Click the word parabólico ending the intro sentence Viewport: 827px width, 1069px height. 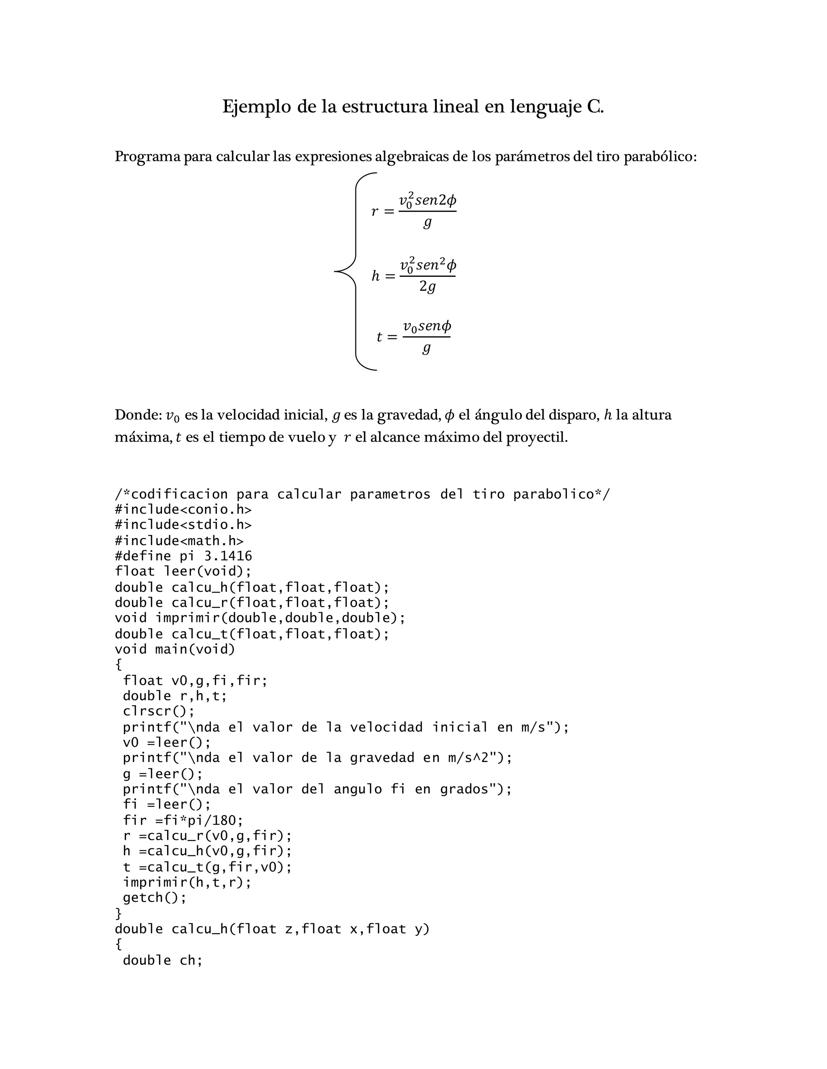pyautogui.click(x=659, y=157)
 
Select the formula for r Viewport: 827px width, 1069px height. pyautogui.click(x=414, y=211)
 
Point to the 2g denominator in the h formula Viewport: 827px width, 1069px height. pyautogui.click(x=427, y=287)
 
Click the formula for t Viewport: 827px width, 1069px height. pyautogui.click(x=414, y=337)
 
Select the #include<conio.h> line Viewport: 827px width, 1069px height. pyautogui.click(x=183, y=509)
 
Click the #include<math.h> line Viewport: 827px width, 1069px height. pyautogui.click(x=179, y=541)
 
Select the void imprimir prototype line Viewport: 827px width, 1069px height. pyautogui.click(x=260, y=618)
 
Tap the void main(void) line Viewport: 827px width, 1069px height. pyautogui.click(x=175, y=649)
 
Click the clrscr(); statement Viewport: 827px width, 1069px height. pyautogui.click(x=159, y=711)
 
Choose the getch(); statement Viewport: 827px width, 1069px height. pyautogui.click(x=155, y=898)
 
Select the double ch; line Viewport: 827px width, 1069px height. pyautogui.click(x=163, y=960)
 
